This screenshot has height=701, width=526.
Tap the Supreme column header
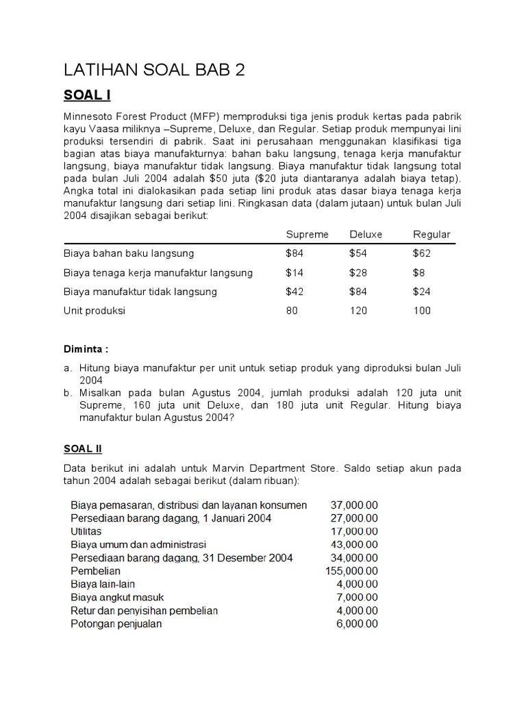307,234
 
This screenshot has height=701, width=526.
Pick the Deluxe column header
366,234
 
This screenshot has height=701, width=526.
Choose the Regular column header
431,234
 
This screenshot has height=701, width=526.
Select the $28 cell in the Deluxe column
358,272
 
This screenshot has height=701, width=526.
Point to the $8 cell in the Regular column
419,272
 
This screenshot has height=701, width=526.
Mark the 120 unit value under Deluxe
358,311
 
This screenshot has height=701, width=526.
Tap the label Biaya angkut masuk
117,598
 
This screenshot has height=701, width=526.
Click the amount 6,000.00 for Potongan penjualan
357,624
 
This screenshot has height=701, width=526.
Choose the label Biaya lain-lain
103,584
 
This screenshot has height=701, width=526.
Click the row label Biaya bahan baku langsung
129,253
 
